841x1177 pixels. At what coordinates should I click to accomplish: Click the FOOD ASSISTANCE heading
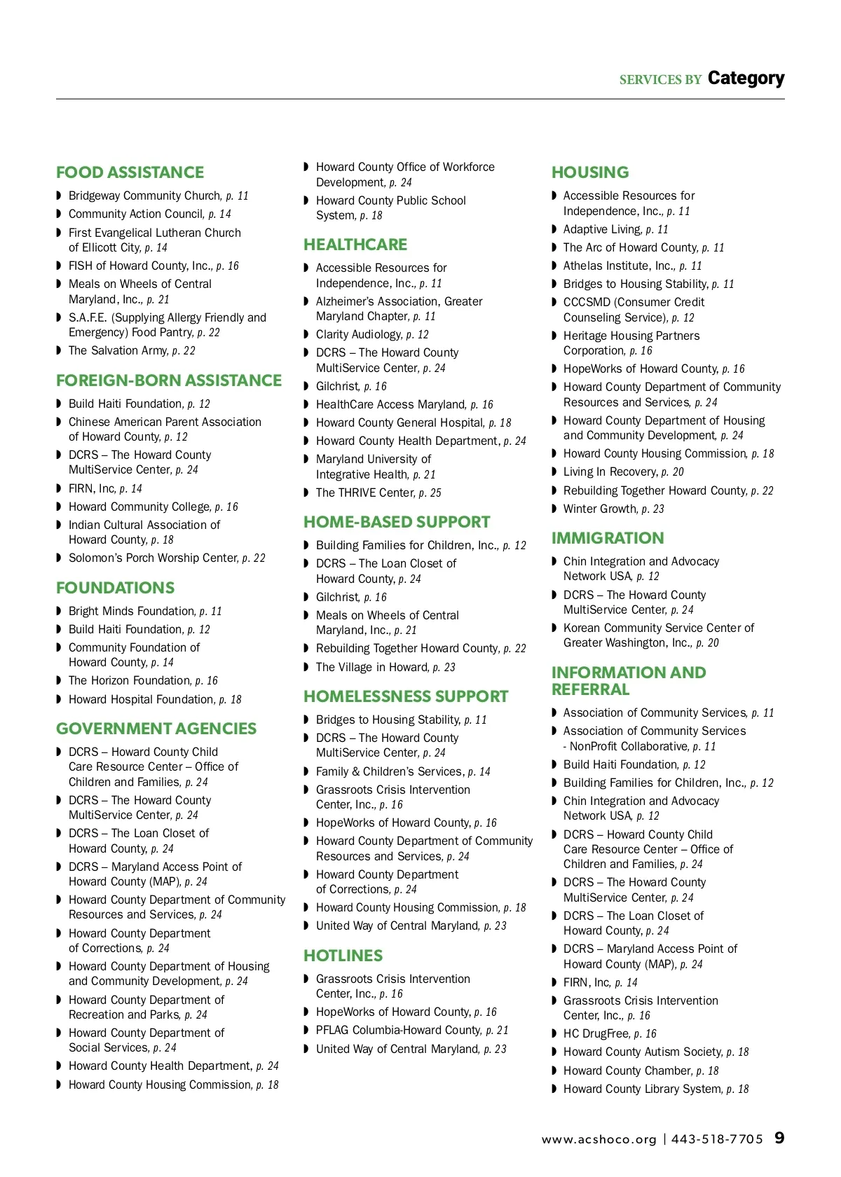tap(130, 172)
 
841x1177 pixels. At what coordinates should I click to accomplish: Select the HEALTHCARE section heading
tap(355, 245)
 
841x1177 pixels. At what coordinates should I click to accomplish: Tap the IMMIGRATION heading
tap(607, 538)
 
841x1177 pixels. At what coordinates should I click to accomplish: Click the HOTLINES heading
tap(343, 956)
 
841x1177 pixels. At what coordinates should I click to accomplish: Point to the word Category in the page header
tap(746, 78)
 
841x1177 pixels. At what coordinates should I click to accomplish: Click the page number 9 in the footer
tap(779, 1138)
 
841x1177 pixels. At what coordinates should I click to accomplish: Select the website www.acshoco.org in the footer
tap(599, 1139)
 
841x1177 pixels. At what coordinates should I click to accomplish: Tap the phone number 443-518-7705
tap(716, 1139)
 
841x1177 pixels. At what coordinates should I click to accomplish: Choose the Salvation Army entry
tap(132, 350)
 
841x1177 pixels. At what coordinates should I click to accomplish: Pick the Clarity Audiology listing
tap(371, 335)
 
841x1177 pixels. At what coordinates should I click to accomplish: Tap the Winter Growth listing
tap(613, 509)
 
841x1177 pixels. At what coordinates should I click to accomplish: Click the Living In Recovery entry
tap(623, 472)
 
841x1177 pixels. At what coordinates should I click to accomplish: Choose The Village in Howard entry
tap(385, 667)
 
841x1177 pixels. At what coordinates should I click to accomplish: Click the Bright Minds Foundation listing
tap(144, 611)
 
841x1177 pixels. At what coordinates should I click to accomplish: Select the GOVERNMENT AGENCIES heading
tap(156, 729)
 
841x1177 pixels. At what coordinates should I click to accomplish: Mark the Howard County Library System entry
tap(655, 1089)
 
